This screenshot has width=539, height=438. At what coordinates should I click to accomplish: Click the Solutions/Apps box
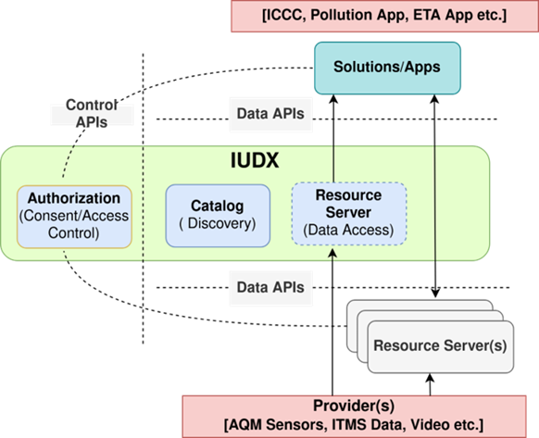387,69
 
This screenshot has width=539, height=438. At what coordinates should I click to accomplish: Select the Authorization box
74,217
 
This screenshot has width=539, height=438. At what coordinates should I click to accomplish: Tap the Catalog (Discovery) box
218,216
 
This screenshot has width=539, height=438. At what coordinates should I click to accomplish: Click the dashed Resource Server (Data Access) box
349,214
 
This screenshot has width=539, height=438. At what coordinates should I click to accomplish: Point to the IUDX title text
255,160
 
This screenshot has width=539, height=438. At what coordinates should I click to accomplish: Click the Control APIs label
92,114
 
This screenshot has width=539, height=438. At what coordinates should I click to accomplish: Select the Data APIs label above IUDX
270,114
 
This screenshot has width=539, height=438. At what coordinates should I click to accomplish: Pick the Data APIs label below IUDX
270,287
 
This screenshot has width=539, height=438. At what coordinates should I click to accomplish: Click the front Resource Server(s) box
441,346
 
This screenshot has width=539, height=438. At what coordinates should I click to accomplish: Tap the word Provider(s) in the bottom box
354,406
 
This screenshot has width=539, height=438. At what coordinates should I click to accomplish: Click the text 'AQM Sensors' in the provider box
278,425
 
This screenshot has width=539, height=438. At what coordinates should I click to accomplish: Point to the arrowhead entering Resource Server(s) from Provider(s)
430,378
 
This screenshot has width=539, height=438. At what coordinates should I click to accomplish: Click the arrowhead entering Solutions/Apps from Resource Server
333,99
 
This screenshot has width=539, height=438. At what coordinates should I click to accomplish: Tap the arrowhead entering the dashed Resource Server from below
332,253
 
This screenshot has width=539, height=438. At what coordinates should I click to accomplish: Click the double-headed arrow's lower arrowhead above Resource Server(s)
435,294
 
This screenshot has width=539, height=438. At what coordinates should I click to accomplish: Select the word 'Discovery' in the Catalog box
220,223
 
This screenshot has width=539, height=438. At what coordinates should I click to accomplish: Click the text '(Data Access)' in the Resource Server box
348,230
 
